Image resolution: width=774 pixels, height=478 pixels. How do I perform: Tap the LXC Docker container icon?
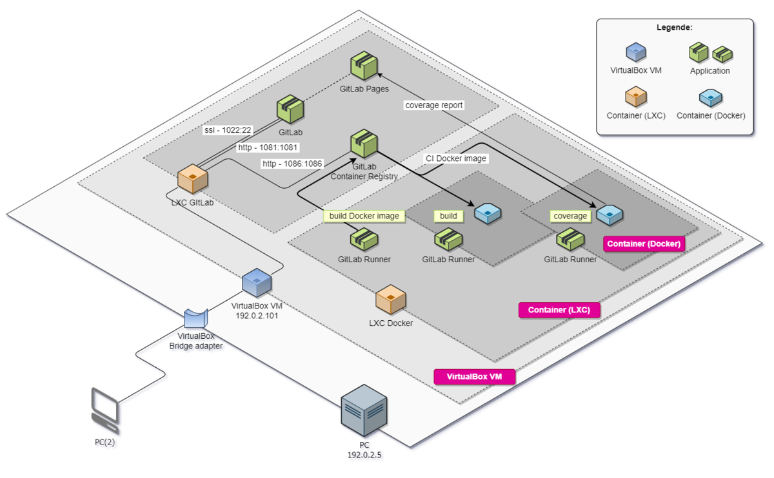390,300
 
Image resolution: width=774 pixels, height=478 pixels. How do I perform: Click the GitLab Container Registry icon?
364,144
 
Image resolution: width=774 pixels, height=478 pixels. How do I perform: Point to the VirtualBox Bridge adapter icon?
195,318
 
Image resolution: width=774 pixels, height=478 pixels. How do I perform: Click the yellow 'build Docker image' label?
364,216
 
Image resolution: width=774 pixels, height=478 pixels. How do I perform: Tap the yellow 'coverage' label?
570,216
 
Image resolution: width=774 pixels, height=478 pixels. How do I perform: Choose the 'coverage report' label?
434,104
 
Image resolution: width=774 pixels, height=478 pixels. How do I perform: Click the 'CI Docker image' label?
456,158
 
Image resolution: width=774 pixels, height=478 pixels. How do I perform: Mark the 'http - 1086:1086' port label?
292,164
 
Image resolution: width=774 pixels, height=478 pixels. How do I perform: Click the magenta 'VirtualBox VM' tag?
475,376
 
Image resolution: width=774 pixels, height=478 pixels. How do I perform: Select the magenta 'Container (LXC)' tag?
559,310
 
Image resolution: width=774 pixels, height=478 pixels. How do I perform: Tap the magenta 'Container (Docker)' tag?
644,244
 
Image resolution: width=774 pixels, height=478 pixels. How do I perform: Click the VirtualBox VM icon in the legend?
636,53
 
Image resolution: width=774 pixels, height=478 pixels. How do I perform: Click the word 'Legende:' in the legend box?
675,28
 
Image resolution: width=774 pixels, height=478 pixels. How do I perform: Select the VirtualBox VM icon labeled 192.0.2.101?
257,282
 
